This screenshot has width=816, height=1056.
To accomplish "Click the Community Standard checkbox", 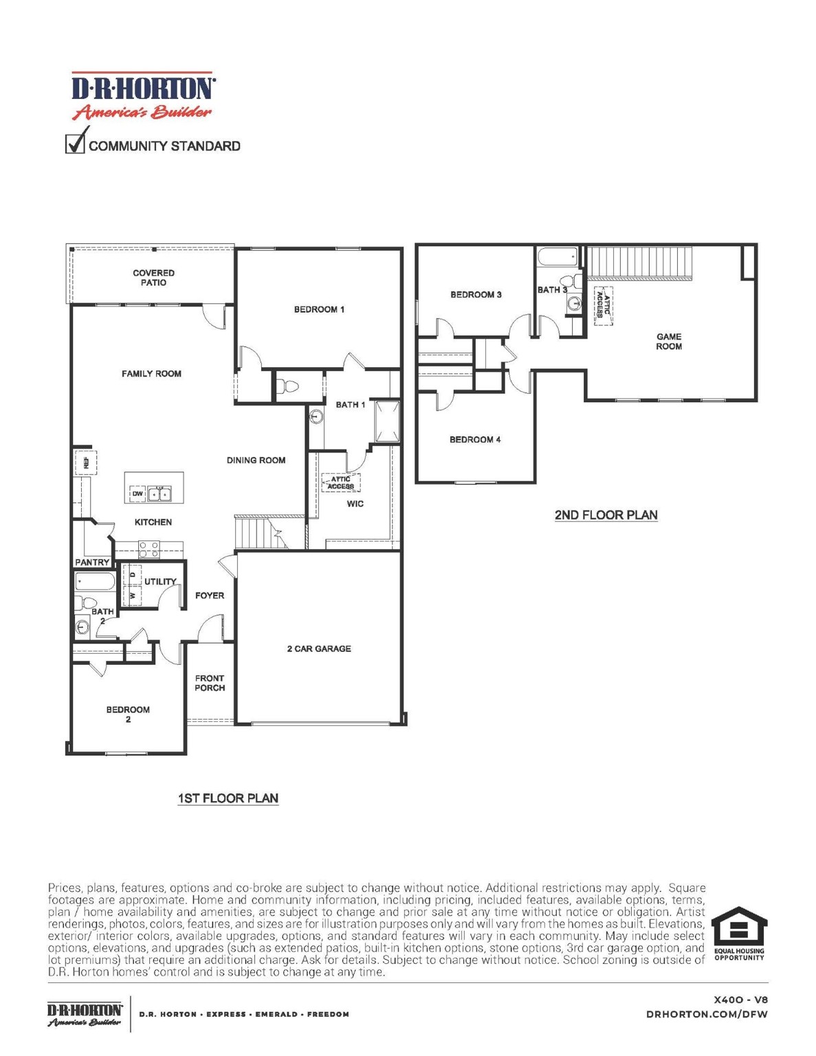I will [75, 144].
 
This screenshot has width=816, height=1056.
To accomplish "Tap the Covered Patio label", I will [153, 278].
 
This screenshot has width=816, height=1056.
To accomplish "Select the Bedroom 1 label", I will [319, 309].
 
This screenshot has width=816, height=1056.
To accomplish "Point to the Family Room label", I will [151, 374].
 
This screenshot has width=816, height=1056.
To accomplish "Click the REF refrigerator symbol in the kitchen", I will [86, 463].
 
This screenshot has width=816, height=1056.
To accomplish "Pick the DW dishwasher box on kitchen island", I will [137, 494].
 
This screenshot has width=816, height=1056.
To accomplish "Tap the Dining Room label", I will [256, 461].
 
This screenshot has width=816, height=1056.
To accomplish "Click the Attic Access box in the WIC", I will [341, 483].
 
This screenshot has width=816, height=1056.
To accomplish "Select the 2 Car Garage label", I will [319, 648].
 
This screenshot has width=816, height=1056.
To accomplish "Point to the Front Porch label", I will [210, 683].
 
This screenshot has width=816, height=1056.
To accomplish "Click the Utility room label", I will [160, 582].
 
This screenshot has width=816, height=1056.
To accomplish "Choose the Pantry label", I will [92, 562].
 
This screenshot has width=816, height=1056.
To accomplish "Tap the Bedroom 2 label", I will [128, 714].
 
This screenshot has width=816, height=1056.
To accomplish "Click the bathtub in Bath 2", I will [96, 582].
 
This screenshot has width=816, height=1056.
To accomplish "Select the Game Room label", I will [668, 342].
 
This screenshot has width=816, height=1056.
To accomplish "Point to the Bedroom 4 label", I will [475, 440].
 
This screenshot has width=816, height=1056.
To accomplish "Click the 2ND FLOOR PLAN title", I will [606, 515].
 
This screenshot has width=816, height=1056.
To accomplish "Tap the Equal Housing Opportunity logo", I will [738, 934].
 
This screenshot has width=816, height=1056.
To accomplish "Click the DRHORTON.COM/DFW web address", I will [707, 1014].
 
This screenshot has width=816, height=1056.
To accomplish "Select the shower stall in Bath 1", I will [387, 421].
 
